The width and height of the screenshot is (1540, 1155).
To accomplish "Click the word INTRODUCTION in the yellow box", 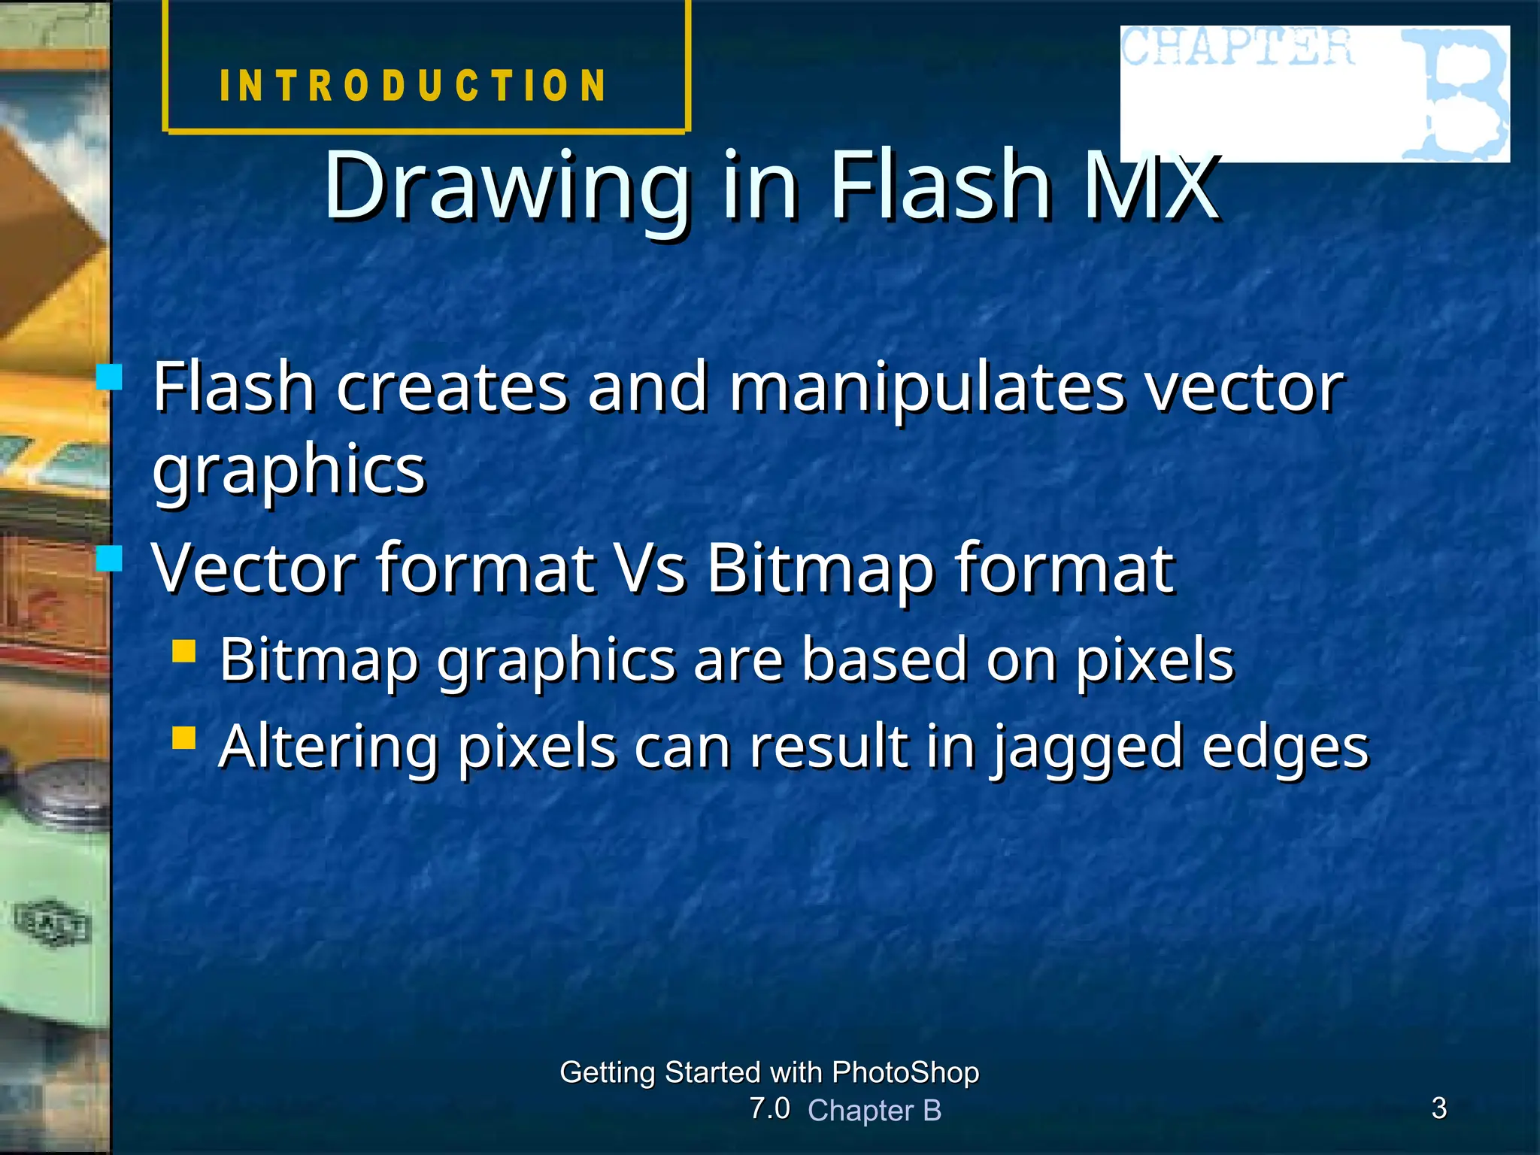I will (413, 85).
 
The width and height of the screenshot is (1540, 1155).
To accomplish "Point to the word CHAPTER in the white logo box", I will (1237, 47).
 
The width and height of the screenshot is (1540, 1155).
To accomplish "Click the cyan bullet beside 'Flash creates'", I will (110, 377).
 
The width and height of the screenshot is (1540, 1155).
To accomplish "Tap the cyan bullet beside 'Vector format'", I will (110, 559).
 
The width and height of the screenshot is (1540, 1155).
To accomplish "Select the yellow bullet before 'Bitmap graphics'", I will (184, 650).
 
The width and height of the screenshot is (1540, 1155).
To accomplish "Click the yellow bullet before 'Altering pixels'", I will (184, 738).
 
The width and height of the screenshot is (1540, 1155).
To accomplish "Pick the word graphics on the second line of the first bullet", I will (290, 471).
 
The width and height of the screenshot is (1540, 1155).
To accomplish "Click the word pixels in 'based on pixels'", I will (1154, 660).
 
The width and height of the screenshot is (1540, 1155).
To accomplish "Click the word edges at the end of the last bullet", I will (1285, 748).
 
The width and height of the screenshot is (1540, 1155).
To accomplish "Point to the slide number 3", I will (1438, 1108).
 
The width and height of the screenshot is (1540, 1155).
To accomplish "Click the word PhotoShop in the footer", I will (905, 1072).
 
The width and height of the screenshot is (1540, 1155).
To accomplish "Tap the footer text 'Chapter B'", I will (875, 1111).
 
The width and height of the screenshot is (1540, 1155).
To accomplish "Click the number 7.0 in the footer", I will (769, 1108).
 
